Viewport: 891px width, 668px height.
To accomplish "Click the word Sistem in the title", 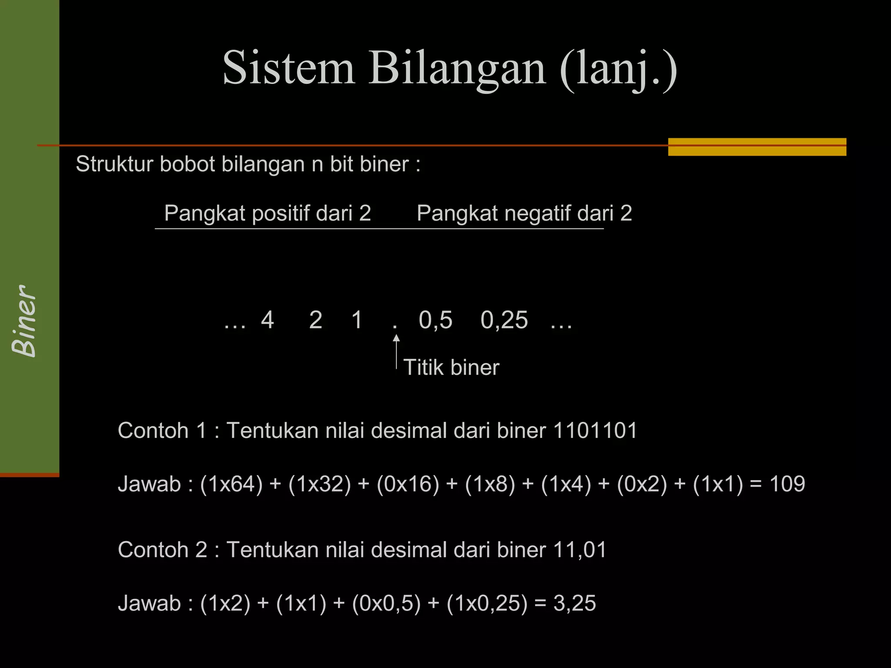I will coord(288,68).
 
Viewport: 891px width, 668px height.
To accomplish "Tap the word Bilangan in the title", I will coord(457,68).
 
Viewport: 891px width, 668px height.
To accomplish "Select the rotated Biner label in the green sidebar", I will coord(24,321).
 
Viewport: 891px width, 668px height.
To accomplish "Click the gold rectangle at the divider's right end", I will coord(757,147).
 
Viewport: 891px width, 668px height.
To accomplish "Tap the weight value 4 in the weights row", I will coord(267,320).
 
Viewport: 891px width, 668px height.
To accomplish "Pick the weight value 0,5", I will coord(435,321).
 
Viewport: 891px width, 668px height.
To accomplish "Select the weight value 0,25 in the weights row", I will coord(504,321).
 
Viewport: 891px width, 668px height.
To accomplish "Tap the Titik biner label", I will coord(451,367).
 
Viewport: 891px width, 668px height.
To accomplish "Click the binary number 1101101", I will coord(595,431).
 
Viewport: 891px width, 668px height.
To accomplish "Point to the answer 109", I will coord(787,484).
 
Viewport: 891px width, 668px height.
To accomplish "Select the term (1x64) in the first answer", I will coord(231,484).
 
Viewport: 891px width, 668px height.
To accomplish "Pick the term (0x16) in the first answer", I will coord(408,484).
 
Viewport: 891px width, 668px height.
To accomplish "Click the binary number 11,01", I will coord(579,550).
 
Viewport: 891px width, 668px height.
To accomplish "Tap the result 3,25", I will coord(574,603).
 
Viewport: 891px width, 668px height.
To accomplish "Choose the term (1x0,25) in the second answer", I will coord(486,603).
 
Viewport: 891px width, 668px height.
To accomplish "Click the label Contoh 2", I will coord(162,550).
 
